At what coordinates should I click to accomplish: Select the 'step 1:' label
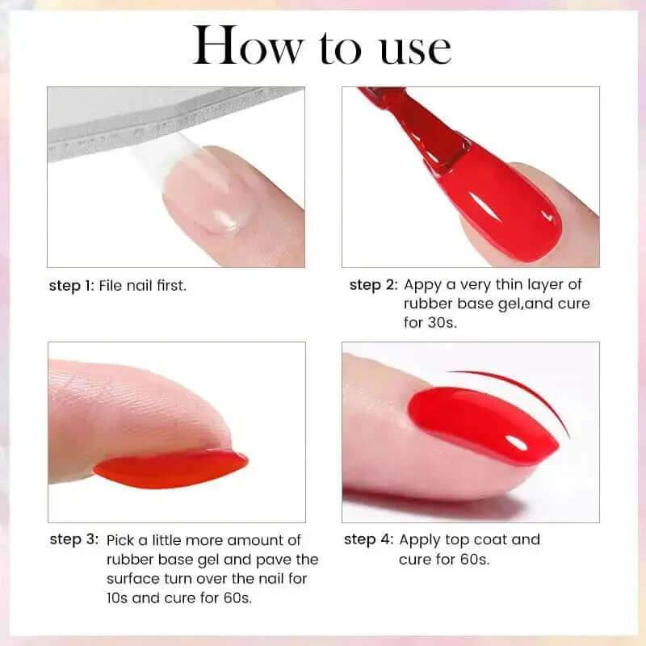point(72,286)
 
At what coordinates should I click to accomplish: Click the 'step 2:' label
point(373,285)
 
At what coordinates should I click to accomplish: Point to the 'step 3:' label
point(74,539)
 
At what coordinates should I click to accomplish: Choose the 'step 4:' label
point(369,539)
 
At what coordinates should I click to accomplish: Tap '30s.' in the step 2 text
point(442,322)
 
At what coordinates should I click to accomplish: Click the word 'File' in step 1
point(111,285)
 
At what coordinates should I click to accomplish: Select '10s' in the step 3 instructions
point(117,598)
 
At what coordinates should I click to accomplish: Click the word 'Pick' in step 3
point(120,540)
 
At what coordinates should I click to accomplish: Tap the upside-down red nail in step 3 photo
point(170,469)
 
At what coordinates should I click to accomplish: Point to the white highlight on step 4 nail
point(517,443)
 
